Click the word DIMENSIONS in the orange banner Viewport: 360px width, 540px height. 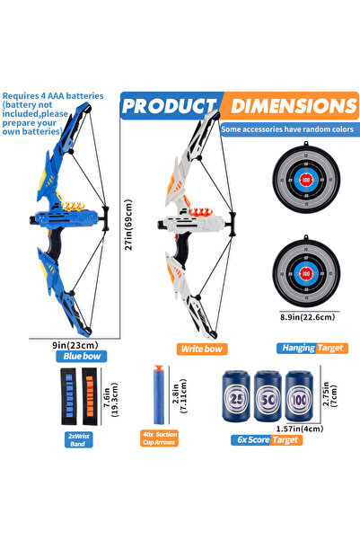point(293,107)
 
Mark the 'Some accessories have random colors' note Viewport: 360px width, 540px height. point(287,128)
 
